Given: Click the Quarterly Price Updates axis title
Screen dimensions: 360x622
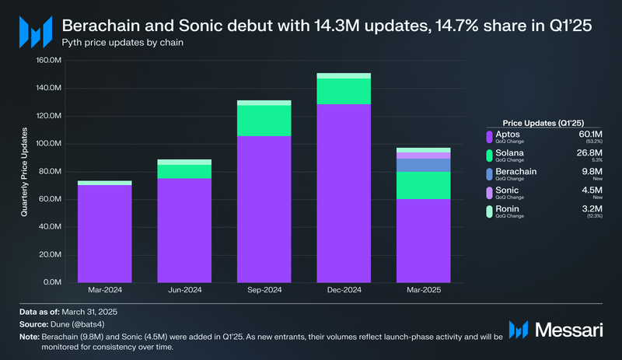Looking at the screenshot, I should click(x=26, y=171).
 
